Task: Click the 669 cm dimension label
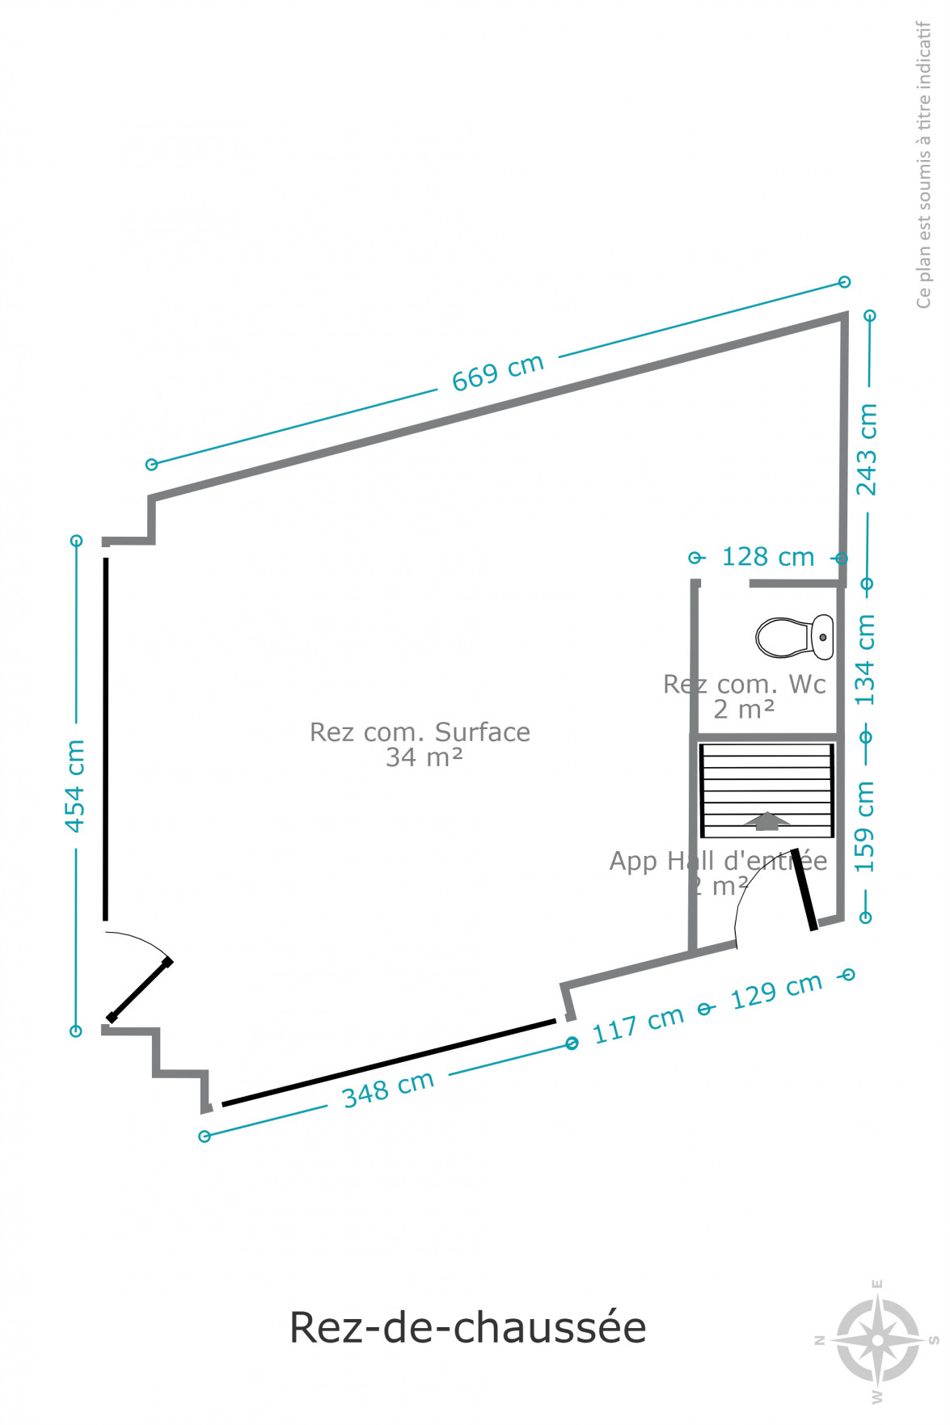coord(497,373)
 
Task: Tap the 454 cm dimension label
coord(74,786)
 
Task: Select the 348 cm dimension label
coord(388,1089)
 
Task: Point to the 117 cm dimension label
coord(638,1025)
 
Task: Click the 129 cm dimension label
coord(776,991)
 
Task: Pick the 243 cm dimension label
coord(867,449)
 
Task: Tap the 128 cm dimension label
coord(768,557)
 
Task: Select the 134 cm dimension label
coord(865,660)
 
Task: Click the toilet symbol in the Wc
coord(795,637)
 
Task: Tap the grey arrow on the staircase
coord(767,821)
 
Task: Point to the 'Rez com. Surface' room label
coord(420,732)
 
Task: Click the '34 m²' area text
coord(424,757)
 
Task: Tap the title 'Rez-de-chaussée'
coord(468,1327)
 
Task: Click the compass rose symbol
coord(877,1339)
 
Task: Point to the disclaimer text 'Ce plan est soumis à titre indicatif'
coord(923,164)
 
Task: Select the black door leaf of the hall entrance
coord(804,889)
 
